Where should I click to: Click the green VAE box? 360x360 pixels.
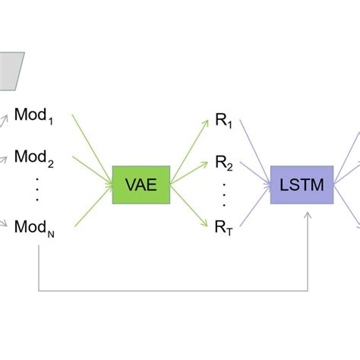pos(141,185)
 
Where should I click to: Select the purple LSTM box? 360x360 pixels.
pos(301,185)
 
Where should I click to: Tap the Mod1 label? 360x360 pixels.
pos(35,117)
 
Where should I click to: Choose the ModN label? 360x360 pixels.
pos(35,227)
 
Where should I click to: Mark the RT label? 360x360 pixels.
pos(223,226)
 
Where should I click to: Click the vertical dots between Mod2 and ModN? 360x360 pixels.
pos(36,190)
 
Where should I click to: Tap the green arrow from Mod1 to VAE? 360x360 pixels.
pos(90,144)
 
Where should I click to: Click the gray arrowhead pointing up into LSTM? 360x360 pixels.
pos(308,216)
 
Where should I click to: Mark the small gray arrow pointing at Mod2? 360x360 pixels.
pos(5,159)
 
